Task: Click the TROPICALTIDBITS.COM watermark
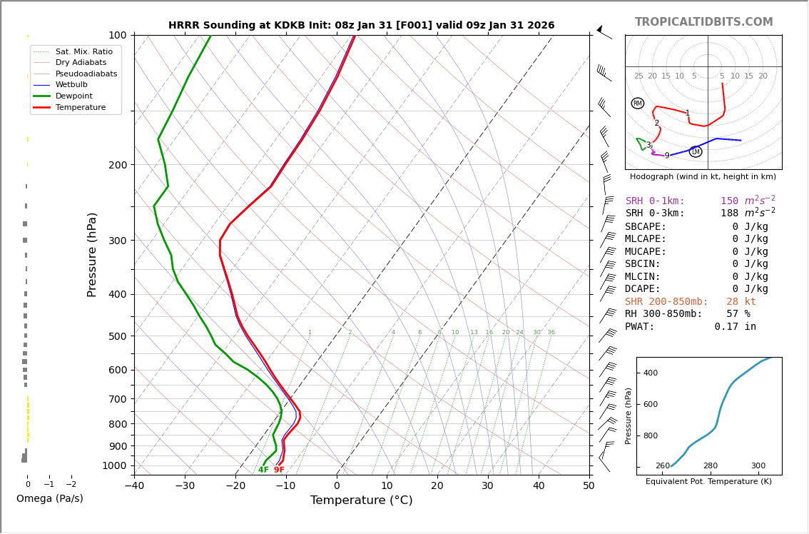click(703, 22)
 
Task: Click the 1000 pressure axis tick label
click(113, 465)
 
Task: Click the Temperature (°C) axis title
click(361, 500)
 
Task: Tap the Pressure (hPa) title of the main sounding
click(92, 254)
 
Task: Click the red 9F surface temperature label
click(279, 470)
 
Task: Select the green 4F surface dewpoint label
click(263, 470)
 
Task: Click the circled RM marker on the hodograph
click(637, 104)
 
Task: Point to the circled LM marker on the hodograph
click(696, 152)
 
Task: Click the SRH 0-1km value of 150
click(729, 201)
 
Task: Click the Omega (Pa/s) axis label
click(49, 499)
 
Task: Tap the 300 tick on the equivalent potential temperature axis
click(758, 466)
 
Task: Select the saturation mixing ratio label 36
click(551, 333)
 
